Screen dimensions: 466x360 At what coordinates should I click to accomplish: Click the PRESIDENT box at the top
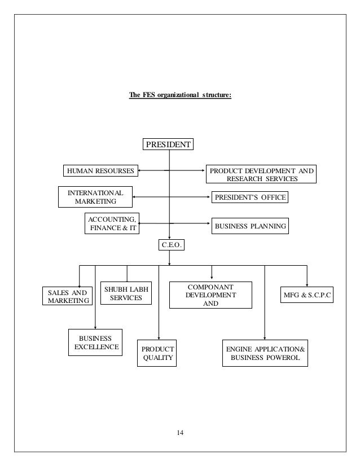click(169, 144)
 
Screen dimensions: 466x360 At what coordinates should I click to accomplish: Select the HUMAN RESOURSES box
click(99, 169)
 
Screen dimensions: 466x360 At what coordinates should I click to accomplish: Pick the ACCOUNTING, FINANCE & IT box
click(111, 223)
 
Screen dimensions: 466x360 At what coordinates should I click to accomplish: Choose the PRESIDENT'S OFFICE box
click(249, 197)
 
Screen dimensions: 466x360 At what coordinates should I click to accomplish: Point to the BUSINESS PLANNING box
click(250, 227)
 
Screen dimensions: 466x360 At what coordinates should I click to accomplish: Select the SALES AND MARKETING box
click(67, 296)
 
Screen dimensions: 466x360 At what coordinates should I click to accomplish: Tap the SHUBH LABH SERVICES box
click(126, 293)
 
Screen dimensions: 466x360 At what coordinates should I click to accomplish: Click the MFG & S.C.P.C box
click(307, 295)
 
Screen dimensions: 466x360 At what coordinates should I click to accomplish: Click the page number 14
click(180, 433)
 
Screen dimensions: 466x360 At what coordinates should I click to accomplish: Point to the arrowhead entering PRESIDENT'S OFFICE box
click(208, 197)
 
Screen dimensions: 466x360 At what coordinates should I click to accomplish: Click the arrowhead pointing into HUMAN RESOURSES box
click(140, 169)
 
